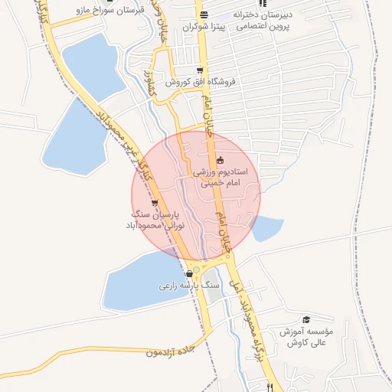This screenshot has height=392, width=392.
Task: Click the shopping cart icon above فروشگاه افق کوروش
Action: coord(200,70)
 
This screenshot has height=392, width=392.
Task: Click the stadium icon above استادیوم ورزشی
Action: coord(220,160)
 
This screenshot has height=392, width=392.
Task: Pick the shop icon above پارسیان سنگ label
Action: coord(155,203)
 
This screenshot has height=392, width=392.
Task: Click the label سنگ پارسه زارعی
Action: coord(189,286)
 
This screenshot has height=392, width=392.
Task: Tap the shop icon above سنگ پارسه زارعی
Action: coord(189,273)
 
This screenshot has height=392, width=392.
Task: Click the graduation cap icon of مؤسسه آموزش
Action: coord(306,319)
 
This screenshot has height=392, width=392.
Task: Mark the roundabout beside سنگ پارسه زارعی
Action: coord(197,269)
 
